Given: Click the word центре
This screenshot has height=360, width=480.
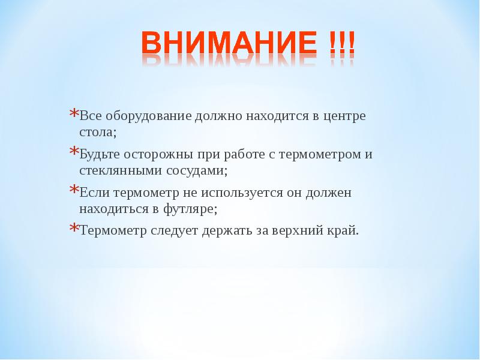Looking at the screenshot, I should tap(344, 116).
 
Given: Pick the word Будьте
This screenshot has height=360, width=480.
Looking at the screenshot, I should tap(97, 154).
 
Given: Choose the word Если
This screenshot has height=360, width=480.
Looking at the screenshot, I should tap(93, 193).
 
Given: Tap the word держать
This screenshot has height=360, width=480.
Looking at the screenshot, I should tap(229, 231).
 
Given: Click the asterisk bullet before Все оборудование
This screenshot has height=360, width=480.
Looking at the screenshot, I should tap(73, 115).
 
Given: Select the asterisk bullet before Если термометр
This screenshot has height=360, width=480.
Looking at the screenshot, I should tap(73, 191).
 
